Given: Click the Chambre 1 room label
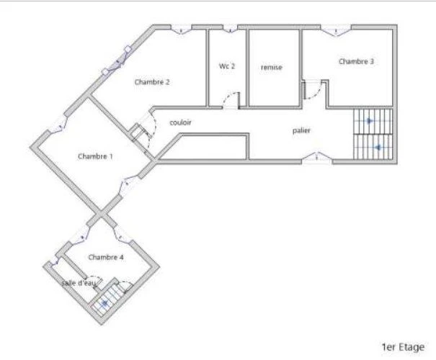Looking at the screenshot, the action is point(95,156).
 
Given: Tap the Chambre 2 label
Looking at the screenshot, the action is point(152,82).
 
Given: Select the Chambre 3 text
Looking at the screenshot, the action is point(356,61).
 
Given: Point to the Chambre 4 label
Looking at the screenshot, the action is point(106,257).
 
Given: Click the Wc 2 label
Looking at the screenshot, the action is point(227,66).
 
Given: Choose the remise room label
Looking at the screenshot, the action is point(272,67).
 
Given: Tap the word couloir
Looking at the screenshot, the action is point(180,122).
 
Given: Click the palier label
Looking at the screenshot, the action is point(301,130).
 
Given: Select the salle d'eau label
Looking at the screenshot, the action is point(79,283).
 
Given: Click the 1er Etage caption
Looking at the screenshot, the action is point(403,347).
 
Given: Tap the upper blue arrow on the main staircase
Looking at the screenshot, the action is point(369,121).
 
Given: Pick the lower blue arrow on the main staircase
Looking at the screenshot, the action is point(378,148).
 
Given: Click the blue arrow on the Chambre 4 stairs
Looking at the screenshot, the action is point(104,303).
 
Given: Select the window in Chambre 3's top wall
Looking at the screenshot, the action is point(336,30).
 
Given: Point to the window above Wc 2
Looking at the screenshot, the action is point(230,29).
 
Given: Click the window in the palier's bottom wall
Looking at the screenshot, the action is point(317,157).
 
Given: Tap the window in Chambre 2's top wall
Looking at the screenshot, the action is point(182,30).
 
